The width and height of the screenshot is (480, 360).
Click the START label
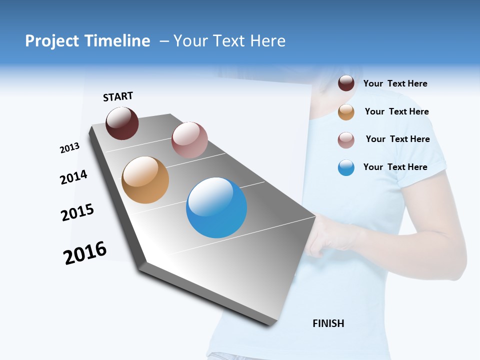[118, 96]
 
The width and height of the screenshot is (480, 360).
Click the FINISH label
[328, 323]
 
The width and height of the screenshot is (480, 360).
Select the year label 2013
[69, 148]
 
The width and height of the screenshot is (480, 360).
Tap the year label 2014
[73, 177]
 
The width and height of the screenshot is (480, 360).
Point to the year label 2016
[85, 253]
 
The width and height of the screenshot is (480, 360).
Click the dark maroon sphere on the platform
[122, 123]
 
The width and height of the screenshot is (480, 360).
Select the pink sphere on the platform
[189, 140]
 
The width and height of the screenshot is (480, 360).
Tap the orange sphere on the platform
[145, 180]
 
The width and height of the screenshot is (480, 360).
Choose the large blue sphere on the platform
[216, 207]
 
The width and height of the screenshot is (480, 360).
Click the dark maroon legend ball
[346, 83]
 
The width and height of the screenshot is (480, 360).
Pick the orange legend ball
[346, 112]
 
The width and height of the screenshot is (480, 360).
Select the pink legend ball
[346, 140]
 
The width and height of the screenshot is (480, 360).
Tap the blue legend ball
[346, 167]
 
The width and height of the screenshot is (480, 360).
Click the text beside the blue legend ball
[395, 167]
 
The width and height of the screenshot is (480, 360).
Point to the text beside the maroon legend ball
[395, 83]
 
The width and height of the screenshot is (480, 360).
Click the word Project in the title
[52, 41]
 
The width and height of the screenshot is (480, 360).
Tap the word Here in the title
[267, 41]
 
